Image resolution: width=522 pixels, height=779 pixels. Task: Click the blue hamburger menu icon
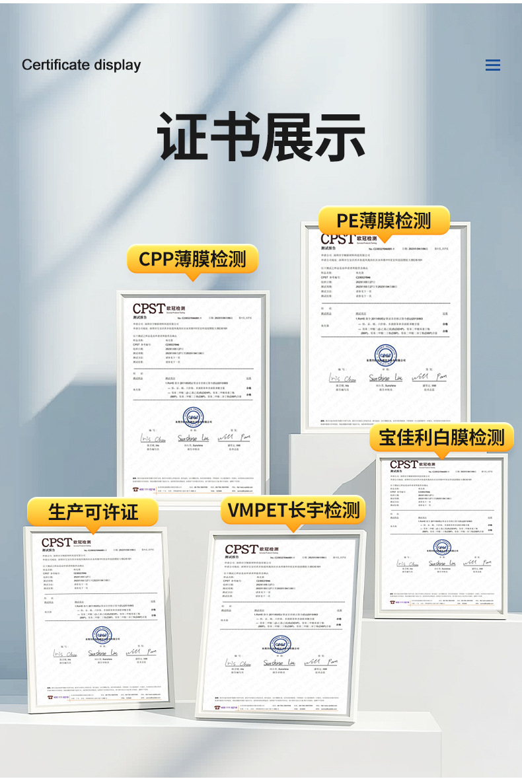click(x=492, y=65)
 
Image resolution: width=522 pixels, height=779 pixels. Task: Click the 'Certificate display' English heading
click(x=81, y=65)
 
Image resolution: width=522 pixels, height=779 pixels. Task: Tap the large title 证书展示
click(x=261, y=137)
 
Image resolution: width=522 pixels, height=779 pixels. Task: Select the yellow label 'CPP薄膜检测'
click(x=192, y=259)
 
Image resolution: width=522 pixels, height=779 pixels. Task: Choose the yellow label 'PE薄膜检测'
click(x=383, y=220)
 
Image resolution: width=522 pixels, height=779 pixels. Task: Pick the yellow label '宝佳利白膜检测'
click(x=441, y=437)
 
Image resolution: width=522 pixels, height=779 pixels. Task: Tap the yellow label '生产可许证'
click(x=93, y=511)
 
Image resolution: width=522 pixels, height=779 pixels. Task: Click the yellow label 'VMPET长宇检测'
click(x=293, y=509)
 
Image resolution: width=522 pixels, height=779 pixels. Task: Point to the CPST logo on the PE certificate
click(x=337, y=239)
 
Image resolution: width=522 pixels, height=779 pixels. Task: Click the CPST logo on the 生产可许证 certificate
click(x=56, y=542)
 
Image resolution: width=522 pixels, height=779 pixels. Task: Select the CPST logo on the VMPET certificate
click(x=241, y=549)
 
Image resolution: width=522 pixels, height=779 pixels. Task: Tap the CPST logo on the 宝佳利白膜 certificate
click(x=404, y=464)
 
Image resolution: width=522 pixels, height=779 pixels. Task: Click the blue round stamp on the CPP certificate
click(x=193, y=417)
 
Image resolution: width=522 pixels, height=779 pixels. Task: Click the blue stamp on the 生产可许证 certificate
click(x=102, y=635)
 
